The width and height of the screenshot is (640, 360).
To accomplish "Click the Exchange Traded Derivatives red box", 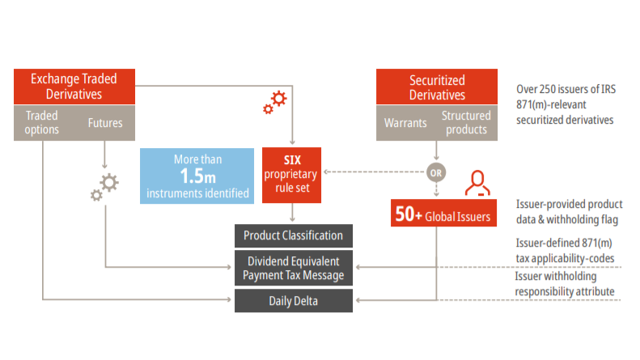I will (74, 87).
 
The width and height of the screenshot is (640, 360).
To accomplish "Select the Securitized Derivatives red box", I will (437, 87).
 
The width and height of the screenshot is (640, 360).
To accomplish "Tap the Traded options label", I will (41, 122).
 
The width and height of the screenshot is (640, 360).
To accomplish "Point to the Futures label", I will (105, 123).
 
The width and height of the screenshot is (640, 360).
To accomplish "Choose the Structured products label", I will (466, 123).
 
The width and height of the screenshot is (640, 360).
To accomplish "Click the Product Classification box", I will (294, 236).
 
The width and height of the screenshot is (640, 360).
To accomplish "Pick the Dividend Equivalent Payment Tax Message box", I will (294, 269).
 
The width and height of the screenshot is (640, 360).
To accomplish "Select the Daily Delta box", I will (294, 301).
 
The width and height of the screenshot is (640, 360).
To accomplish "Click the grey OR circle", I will (436, 172).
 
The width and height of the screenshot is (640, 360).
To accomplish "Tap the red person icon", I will (477, 184).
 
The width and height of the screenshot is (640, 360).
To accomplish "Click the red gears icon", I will (275, 102).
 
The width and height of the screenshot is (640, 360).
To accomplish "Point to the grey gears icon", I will (104, 188).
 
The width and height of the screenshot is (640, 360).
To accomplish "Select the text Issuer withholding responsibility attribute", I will (565, 284).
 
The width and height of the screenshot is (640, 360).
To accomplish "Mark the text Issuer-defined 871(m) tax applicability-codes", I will (565, 250).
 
